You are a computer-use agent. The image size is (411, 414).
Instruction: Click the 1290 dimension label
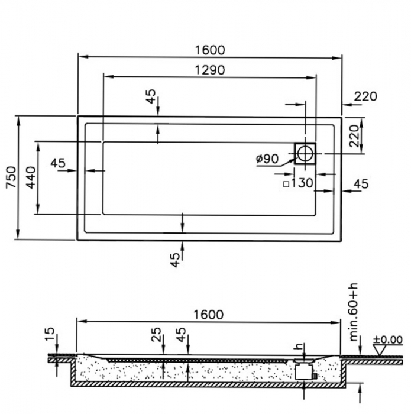click(210, 70)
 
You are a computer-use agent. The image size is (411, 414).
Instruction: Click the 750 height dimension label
click(11, 177)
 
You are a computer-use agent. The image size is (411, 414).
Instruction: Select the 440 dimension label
click(31, 177)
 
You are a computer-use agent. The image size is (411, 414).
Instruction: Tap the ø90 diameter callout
click(267, 159)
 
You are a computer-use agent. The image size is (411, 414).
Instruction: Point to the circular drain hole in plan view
click(305, 154)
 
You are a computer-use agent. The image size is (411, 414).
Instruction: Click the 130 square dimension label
click(302, 183)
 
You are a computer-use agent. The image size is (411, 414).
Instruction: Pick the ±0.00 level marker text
click(387, 339)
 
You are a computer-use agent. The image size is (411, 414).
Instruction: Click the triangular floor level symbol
click(381, 350)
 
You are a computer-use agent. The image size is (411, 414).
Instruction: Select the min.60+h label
click(354, 313)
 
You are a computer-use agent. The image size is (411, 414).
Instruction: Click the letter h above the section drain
click(299, 346)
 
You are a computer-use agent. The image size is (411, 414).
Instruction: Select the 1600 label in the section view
click(209, 315)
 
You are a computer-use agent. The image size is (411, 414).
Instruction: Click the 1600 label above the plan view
click(210, 50)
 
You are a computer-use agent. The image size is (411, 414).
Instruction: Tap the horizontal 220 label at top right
click(365, 96)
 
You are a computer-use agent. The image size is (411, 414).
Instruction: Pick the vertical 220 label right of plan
click(354, 135)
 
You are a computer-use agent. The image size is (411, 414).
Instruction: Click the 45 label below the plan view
click(175, 260)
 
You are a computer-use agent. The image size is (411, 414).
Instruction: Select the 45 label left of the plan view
click(58, 163)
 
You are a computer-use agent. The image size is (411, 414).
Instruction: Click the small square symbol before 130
click(286, 184)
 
